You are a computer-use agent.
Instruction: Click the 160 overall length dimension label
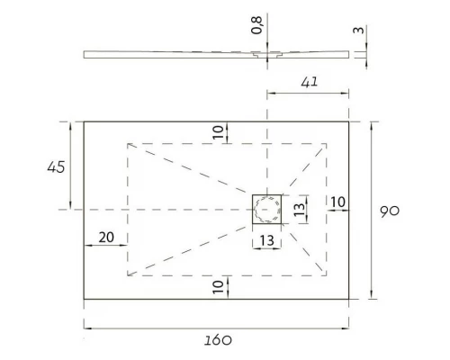coord(218,340)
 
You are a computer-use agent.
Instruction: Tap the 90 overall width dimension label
coord(390,211)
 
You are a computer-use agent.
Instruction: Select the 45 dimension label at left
coord(56,167)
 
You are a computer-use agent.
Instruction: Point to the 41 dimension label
coord(310,82)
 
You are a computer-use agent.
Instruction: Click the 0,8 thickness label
coord(256,25)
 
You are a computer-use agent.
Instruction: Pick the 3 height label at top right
coord(359,30)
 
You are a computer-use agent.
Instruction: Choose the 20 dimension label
coord(106,238)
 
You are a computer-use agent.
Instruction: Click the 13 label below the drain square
coord(266,240)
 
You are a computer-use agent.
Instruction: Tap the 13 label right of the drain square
coord(299,209)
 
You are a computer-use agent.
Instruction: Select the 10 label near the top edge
coord(218,132)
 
